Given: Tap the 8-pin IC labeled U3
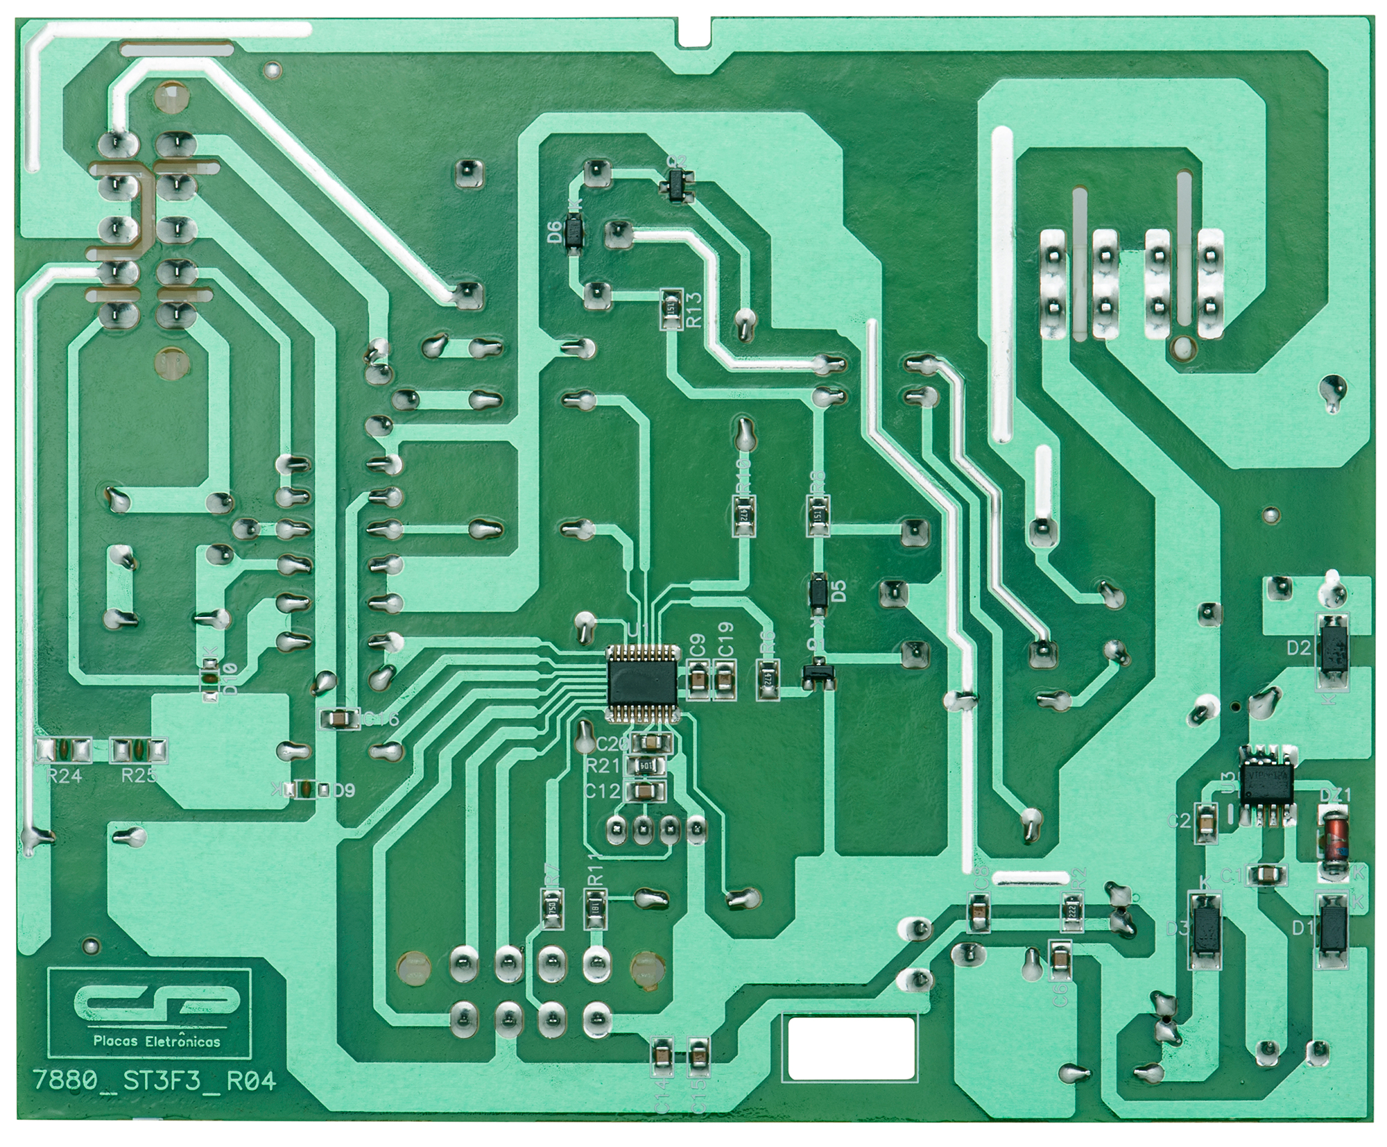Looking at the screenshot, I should click(x=1267, y=785).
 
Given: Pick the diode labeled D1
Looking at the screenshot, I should click(x=1332, y=930).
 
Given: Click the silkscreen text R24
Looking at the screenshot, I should click(x=64, y=776).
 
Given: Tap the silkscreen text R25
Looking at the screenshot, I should click(x=139, y=776).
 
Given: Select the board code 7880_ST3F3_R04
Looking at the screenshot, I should click(x=154, y=1081).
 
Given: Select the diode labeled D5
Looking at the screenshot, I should click(x=818, y=591).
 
